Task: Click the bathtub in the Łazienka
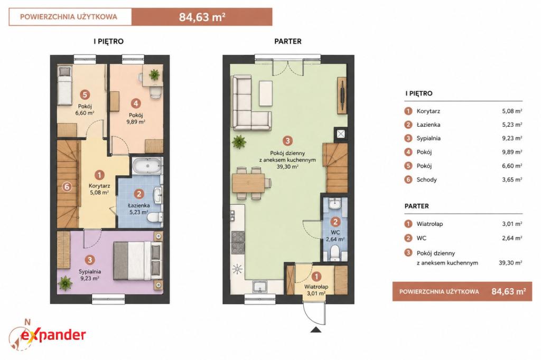coord(147,166)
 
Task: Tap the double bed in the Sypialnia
coord(138,261)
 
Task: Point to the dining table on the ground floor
coord(248,183)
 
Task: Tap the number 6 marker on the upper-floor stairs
coord(67,187)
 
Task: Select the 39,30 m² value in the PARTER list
coord(510,263)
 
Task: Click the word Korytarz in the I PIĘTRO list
coord(428,111)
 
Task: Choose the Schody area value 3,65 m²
coord(512,179)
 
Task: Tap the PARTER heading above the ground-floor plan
coord(288,41)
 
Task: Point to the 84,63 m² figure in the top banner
coord(202,17)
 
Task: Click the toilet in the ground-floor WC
coord(334,253)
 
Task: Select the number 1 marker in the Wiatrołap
coord(316,276)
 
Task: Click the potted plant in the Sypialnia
coord(65,283)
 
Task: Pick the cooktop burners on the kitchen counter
coord(238,242)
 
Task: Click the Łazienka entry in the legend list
coord(428,125)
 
